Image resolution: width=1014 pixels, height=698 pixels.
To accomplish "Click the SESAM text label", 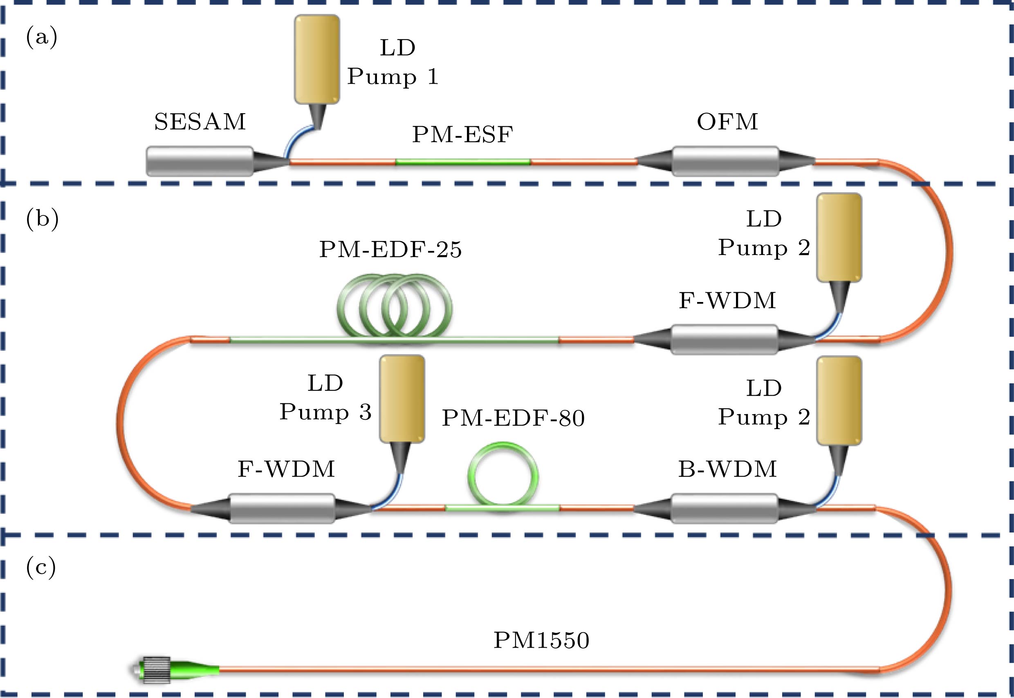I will pyautogui.click(x=200, y=122).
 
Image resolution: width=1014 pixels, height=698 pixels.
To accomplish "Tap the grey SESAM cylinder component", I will pyautogui.click(x=200, y=161).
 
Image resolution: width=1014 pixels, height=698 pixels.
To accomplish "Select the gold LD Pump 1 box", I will pyautogui.click(x=317, y=60).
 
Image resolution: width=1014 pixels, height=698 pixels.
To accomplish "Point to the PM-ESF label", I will pyautogui.click(x=462, y=135).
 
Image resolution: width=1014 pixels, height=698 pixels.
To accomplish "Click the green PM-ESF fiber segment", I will pyautogui.click(x=463, y=162).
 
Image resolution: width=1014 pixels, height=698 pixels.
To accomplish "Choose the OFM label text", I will pyautogui.click(x=727, y=122).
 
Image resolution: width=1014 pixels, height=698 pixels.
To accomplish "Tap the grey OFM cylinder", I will pyautogui.click(x=725, y=161).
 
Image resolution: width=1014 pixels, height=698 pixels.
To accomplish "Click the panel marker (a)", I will pyautogui.click(x=42, y=37).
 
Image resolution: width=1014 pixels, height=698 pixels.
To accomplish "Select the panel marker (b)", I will pyautogui.click(x=42, y=218).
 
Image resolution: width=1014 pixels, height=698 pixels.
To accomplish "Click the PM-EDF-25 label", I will pyautogui.click(x=390, y=250).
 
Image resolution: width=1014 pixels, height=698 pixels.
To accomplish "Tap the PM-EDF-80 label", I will pyautogui.click(x=513, y=418).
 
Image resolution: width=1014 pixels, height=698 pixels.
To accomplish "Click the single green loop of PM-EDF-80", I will pyautogui.click(x=503, y=477).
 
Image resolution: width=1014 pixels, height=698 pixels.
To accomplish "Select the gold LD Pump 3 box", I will pyautogui.click(x=402, y=399).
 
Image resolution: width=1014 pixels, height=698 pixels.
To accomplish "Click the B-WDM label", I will pyautogui.click(x=727, y=469).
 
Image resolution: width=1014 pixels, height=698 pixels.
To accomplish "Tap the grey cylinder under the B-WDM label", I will pyautogui.click(x=725, y=508).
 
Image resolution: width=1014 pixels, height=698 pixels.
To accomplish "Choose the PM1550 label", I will pyautogui.click(x=541, y=640).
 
